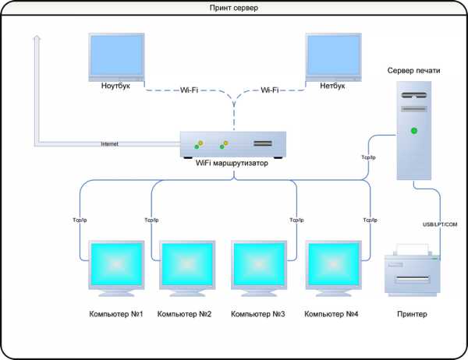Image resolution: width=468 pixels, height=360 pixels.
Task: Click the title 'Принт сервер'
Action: click(x=234, y=8)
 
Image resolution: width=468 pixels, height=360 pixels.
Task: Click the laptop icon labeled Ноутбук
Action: click(x=116, y=57)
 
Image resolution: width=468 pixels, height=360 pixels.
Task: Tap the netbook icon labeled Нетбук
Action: click(x=333, y=57)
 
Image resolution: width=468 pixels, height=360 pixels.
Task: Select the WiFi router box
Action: click(x=233, y=145)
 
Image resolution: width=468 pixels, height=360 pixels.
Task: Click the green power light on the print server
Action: click(x=414, y=131)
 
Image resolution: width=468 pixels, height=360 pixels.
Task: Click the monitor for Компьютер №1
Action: click(x=116, y=268)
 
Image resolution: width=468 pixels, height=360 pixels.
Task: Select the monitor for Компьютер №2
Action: click(x=187, y=268)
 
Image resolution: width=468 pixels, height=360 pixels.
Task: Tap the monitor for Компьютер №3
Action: click(x=259, y=268)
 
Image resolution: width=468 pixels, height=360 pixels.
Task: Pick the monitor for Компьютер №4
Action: click(x=333, y=268)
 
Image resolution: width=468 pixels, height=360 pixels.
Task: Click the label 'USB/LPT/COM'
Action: click(x=440, y=224)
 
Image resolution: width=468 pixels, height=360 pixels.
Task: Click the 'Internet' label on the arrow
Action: click(x=109, y=143)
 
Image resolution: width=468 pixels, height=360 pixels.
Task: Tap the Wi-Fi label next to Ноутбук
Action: click(x=189, y=90)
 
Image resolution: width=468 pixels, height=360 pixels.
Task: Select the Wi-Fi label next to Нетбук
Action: click(x=270, y=90)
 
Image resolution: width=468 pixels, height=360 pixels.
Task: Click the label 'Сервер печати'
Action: click(x=413, y=70)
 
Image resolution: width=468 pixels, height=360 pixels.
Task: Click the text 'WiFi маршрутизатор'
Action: click(x=232, y=163)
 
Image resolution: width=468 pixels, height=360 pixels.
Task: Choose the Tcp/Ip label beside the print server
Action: click(x=369, y=157)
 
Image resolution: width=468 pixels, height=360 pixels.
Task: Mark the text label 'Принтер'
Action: click(x=412, y=314)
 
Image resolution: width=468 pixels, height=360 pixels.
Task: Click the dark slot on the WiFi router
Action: click(x=263, y=143)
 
